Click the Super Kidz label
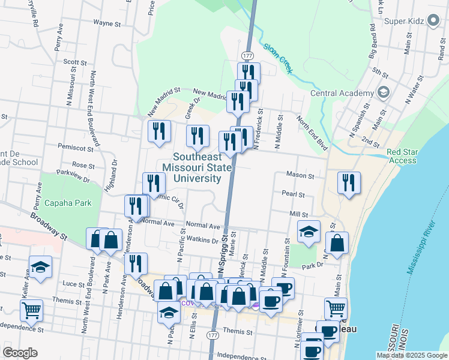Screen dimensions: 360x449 tap(404, 22)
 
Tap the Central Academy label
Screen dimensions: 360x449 tap(342, 93)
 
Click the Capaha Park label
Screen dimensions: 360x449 tap(68, 203)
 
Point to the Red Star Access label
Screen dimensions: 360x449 tap(402, 156)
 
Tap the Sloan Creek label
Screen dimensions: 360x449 tap(278, 58)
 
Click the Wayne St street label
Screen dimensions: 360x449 tap(107, 23)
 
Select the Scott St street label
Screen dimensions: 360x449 tap(75, 62)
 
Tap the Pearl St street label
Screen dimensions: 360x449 tap(294, 194)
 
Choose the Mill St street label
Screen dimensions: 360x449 tap(298, 214)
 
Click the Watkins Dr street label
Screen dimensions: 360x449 tap(202, 241)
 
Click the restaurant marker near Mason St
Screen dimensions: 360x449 tap(348, 183)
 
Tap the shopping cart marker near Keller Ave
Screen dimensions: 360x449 tap(31, 311)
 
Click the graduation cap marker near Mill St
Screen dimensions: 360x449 tap(309, 232)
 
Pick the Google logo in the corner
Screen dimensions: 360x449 tap(20, 353)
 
